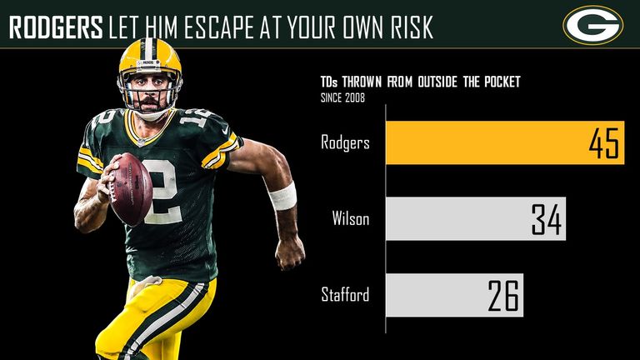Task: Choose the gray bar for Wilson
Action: click(475, 218)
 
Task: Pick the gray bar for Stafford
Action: click(454, 295)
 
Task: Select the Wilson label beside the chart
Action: click(351, 219)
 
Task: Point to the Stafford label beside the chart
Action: click(346, 295)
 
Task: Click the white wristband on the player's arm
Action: click(282, 195)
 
